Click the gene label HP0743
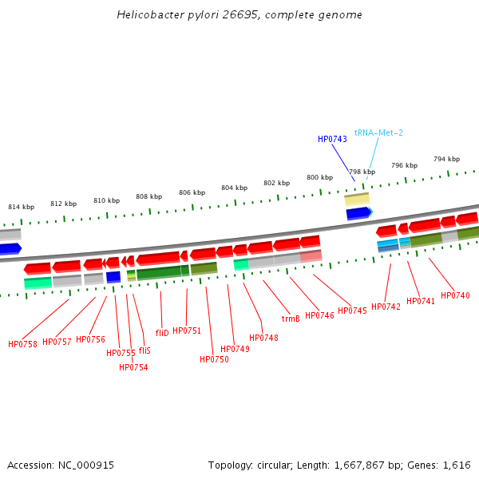pos(332,139)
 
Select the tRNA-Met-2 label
pos(378,133)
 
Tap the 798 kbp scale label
pos(362,172)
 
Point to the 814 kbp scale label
pos(21,207)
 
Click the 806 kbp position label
pos(192,192)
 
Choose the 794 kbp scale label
pos(446,159)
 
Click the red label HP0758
pos(22,344)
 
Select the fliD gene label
pos(162,333)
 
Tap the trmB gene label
pos(291,319)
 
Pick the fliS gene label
pos(144,350)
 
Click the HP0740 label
pos(455,295)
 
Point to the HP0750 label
pos(214,359)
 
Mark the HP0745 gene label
pos(352,311)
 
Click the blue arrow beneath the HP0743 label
pos(358,213)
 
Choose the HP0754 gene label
pos(133,367)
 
